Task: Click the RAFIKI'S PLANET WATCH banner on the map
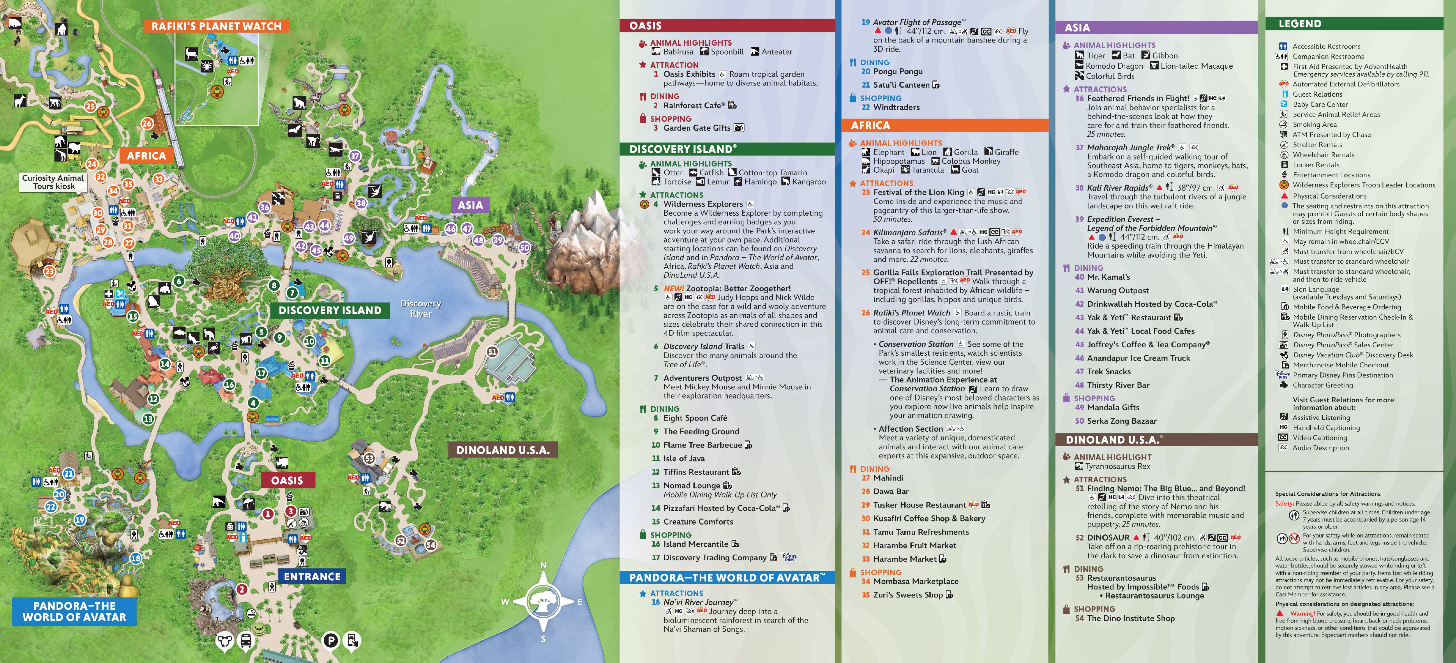pyautogui.click(x=216, y=26)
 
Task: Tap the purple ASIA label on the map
pyautogui.click(x=470, y=205)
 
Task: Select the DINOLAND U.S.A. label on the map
pyautogui.click(x=503, y=450)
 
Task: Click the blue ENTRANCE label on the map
pyautogui.click(x=312, y=577)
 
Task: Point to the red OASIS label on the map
pyautogui.click(x=287, y=481)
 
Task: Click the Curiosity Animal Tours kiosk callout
pyautogui.click(x=53, y=182)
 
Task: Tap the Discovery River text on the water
pyautogui.click(x=421, y=308)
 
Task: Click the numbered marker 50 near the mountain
pyautogui.click(x=525, y=247)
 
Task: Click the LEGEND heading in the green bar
pyautogui.click(x=1300, y=24)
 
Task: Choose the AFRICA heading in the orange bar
pyautogui.click(x=871, y=125)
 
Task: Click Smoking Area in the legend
pyautogui.click(x=1315, y=124)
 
